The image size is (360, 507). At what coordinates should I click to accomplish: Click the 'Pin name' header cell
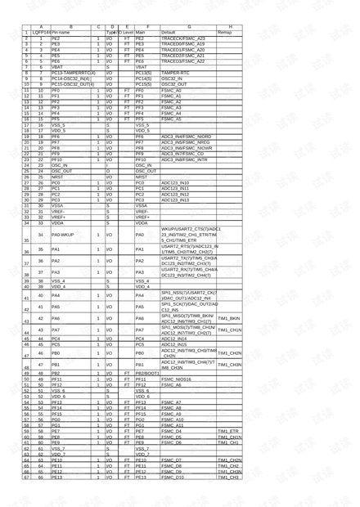click(62, 32)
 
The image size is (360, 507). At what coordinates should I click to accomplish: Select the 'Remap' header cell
click(225, 32)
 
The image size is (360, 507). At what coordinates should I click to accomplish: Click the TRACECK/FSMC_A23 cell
click(183, 38)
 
